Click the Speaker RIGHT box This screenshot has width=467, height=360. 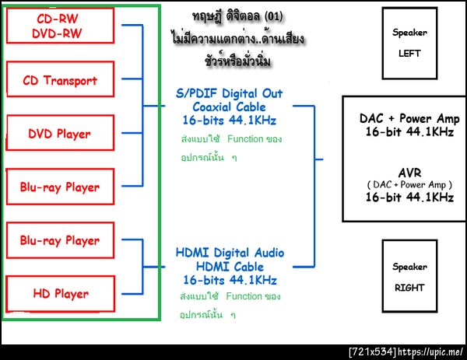(x=409, y=276)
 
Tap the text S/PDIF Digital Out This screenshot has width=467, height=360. (x=230, y=93)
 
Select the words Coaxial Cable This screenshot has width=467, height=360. (x=230, y=107)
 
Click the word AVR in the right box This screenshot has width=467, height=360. (x=409, y=172)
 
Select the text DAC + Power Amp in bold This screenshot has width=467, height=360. (x=409, y=119)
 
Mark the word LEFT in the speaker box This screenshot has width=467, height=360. (x=409, y=53)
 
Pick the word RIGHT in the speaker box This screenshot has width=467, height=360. (x=409, y=287)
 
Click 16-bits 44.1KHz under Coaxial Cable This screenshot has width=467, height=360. (x=230, y=121)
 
